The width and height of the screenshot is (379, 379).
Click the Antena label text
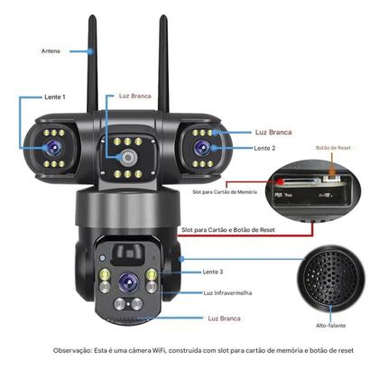(51, 51)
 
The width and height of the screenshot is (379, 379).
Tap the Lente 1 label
(55, 97)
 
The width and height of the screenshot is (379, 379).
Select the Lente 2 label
(264, 148)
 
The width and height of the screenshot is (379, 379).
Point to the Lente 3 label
(213, 272)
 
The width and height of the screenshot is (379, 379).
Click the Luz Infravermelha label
(227, 293)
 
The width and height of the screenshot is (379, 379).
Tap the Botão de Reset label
(333, 148)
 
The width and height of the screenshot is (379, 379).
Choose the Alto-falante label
(330, 326)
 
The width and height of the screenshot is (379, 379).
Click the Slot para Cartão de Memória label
(225, 192)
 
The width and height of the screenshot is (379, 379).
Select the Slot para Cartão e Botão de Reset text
(228, 230)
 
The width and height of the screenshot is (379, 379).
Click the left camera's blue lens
(54, 148)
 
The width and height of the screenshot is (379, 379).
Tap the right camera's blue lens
(202, 148)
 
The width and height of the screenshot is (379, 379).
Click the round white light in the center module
(128, 157)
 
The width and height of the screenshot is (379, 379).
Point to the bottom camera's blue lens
(128, 282)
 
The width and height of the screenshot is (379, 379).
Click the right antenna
(164, 64)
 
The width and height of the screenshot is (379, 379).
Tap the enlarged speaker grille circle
(330, 275)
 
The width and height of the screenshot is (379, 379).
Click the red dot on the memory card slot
(281, 181)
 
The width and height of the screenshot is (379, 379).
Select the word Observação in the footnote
(72, 350)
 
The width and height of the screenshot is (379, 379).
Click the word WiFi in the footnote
(159, 350)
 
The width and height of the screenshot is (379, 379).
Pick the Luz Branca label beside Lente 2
(273, 132)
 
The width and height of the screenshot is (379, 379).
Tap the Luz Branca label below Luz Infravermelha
(224, 319)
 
